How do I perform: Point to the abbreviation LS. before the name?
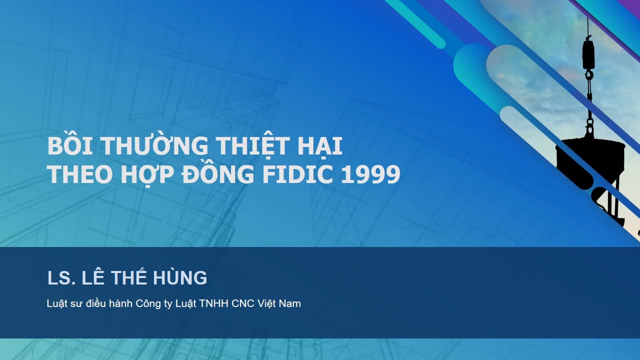[61, 277]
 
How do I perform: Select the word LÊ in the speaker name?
[92, 276]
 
